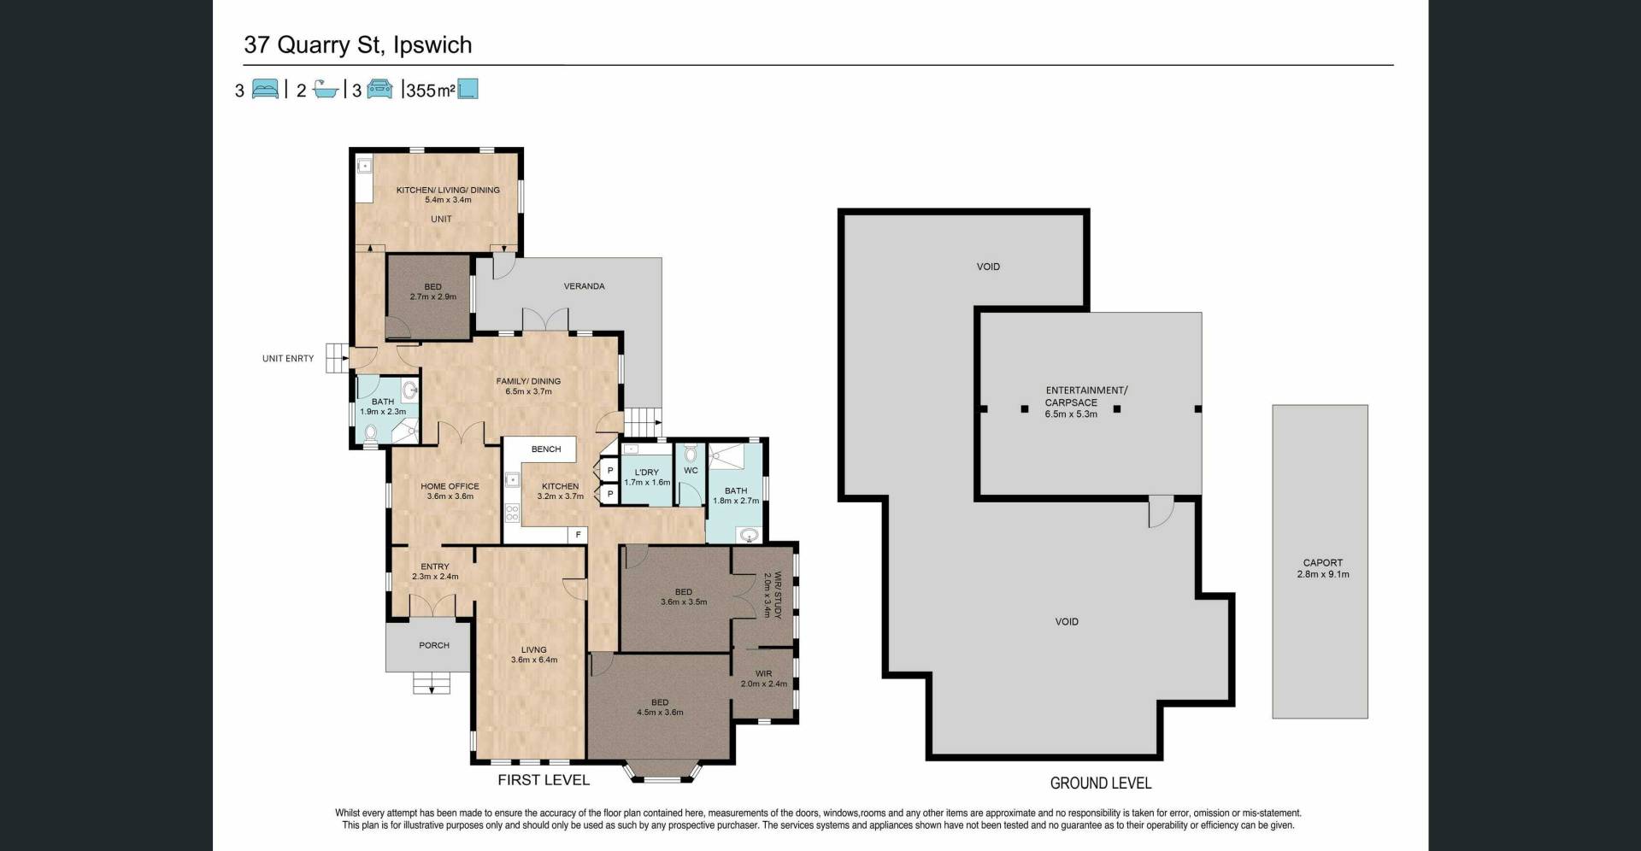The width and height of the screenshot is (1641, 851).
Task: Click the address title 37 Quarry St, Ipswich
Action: click(x=357, y=44)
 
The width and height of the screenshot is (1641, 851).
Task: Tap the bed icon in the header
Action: click(x=266, y=89)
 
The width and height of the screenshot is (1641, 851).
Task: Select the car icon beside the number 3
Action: click(x=380, y=89)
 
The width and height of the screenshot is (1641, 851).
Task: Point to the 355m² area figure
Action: click(x=431, y=90)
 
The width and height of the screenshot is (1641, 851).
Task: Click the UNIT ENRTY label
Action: click(x=288, y=359)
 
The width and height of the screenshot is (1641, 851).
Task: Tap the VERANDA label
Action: click(x=585, y=286)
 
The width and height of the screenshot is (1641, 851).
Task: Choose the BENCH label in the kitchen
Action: click(x=546, y=449)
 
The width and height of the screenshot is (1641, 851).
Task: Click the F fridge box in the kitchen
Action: click(x=579, y=535)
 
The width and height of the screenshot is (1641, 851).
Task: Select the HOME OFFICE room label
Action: click(x=450, y=486)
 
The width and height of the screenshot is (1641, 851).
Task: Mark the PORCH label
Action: click(x=434, y=645)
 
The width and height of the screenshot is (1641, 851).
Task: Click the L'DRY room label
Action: click(x=647, y=472)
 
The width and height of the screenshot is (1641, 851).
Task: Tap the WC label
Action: click(x=691, y=471)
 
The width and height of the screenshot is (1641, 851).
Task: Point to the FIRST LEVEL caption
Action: click(x=544, y=779)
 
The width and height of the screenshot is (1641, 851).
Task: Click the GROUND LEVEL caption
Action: click(x=1101, y=783)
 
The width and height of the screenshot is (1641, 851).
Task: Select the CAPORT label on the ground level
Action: click(x=1323, y=563)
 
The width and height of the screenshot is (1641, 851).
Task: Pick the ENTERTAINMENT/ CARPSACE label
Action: click(x=1086, y=396)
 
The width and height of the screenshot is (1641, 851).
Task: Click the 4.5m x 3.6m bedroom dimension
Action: click(x=660, y=713)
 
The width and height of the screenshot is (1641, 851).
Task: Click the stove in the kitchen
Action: click(x=513, y=513)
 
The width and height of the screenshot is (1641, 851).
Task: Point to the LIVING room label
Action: click(x=534, y=649)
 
